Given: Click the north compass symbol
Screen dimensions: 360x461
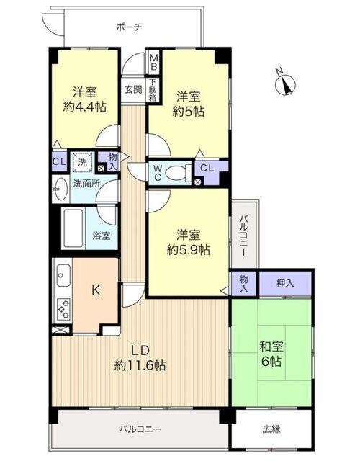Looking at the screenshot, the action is coord(285,84).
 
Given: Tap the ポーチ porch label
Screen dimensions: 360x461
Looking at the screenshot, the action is coord(130,27).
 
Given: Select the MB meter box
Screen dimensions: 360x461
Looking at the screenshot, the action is coord(153,63).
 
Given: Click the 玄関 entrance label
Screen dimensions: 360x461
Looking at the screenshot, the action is coord(133,89).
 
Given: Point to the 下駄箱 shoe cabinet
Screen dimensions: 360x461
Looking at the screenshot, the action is coord(153,89).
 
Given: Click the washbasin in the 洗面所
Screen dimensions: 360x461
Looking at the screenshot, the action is coord(60,189).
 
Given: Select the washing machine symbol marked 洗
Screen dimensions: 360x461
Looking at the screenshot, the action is coord(82,162).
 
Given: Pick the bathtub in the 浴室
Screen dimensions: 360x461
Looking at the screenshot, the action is coord(73,228).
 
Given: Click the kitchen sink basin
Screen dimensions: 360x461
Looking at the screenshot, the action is coord(63,275).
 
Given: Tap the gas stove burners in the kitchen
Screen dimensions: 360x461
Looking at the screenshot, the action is coord(64,308).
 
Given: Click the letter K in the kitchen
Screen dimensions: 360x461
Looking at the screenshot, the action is coord(96,290).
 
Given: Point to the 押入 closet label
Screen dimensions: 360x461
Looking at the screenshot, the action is coord(285,283).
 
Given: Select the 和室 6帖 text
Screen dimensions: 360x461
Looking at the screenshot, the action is coord(271,354).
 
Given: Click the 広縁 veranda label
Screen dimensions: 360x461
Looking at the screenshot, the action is coord(271,429).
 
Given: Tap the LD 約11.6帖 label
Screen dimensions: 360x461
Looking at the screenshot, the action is coord(140,358).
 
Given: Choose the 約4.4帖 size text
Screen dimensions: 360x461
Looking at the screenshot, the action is coord(85,107).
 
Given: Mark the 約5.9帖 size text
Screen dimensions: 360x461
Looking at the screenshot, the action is coord(189,250).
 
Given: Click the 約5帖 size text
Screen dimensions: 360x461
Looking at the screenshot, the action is coord(189,112).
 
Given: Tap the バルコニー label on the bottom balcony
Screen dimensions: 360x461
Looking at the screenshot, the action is coord(140,429).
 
